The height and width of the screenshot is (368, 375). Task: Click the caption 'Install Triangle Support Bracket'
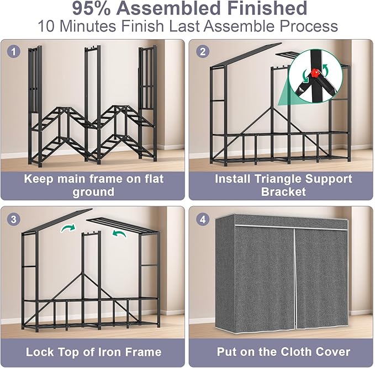pyautogui.click(x=283, y=185)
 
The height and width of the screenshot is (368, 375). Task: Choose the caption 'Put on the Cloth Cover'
pyautogui.click(x=283, y=351)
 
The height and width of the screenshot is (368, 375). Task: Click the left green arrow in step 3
pyautogui.click(x=68, y=228)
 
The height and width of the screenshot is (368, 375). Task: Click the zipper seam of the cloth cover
pyautogui.click(x=295, y=276)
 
